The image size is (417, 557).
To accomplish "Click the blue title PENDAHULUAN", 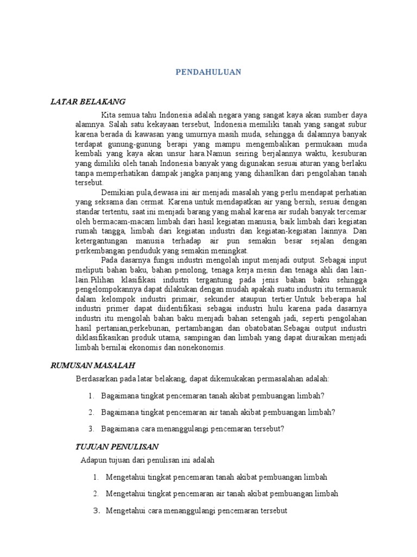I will [x=209, y=72].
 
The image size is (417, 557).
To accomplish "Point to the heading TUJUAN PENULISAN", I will [x=116, y=447].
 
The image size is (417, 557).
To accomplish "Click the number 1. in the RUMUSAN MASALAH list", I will [x=91, y=395].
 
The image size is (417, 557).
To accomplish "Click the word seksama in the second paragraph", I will [x=106, y=202].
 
